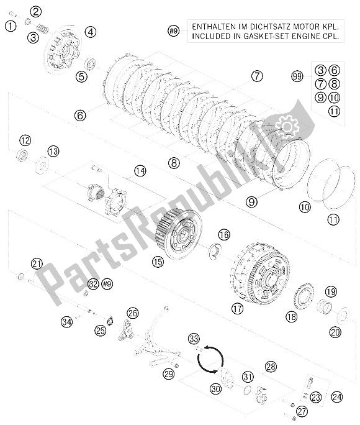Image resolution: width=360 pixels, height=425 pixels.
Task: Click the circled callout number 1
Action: point(10,25)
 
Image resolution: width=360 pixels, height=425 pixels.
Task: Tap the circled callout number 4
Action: point(91,32)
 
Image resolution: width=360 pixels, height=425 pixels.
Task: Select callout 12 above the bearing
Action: point(24,140)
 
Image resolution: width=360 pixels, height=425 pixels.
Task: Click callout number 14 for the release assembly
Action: point(140,170)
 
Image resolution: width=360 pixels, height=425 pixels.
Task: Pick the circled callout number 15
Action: point(158,262)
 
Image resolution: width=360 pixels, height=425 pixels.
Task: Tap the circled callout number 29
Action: point(168,373)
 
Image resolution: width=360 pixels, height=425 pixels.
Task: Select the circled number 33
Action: point(194,339)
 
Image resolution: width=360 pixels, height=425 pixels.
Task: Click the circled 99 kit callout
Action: point(297,76)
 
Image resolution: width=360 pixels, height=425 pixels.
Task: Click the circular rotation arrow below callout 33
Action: point(210,357)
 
